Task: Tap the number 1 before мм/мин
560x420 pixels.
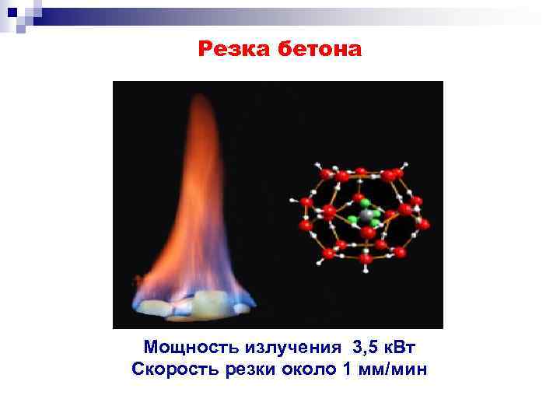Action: [x=347, y=368]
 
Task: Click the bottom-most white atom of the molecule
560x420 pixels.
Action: [x=366, y=271]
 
